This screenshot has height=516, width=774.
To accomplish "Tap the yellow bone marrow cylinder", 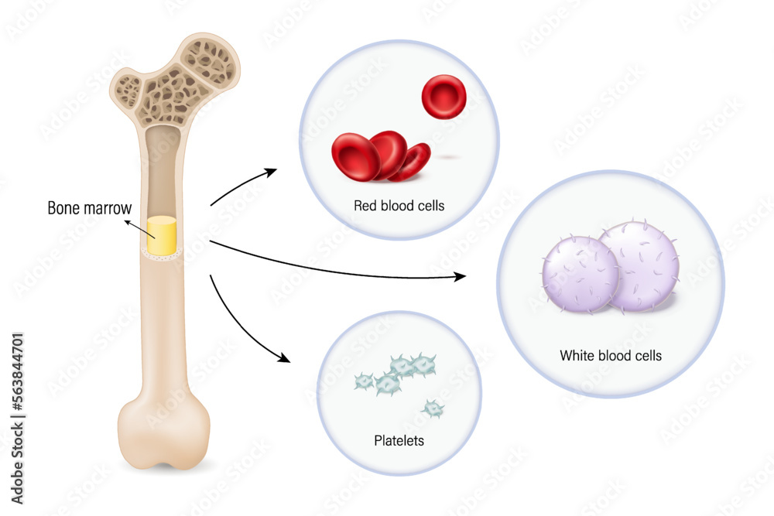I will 162,234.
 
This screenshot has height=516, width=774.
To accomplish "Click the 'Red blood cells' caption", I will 399,206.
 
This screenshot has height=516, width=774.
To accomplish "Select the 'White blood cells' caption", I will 611,356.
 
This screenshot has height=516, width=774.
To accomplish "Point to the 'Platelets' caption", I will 399,442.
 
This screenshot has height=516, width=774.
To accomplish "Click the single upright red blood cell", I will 442,97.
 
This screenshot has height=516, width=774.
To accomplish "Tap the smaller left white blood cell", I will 579,274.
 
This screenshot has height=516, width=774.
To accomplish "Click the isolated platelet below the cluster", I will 433,408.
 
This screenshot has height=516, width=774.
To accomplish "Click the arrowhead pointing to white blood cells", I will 461,275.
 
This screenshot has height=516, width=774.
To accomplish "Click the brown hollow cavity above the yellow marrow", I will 163,170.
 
